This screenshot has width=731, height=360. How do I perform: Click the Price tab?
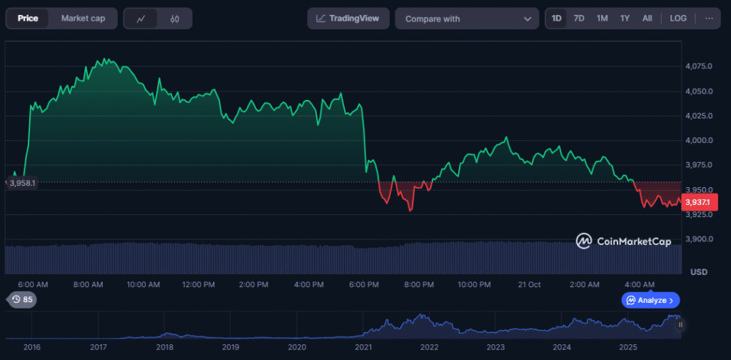tap(28, 19)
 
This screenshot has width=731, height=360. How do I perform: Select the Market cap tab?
tap(83, 19)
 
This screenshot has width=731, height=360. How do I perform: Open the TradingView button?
tap(348, 19)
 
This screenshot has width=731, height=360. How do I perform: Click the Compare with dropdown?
tap(468, 19)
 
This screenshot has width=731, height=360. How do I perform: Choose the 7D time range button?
tap(579, 19)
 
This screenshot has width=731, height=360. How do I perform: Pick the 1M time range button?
tap(602, 19)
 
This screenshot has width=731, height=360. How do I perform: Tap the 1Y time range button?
tap(625, 19)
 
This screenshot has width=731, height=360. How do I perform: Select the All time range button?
tap(647, 19)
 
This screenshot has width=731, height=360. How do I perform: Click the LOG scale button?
tap(678, 19)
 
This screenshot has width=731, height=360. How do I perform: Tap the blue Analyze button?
tap(650, 300)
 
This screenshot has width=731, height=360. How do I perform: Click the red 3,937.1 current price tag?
tap(697, 202)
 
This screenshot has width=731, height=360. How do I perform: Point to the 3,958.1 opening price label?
tap(21, 183)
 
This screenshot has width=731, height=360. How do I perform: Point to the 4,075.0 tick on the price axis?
tap(699, 66)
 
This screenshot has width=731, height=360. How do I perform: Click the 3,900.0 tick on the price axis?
tap(699, 239)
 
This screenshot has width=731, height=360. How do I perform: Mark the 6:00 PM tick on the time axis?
tap(363, 284)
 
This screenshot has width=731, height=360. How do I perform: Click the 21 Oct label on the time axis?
tap(529, 284)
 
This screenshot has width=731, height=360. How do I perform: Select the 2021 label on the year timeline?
tap(363, 347)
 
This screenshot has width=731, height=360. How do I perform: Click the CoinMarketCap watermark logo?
tap(624, 241)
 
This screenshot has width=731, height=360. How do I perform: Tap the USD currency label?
tap(699, 272)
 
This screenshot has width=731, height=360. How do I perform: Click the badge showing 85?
tap(21, 300)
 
